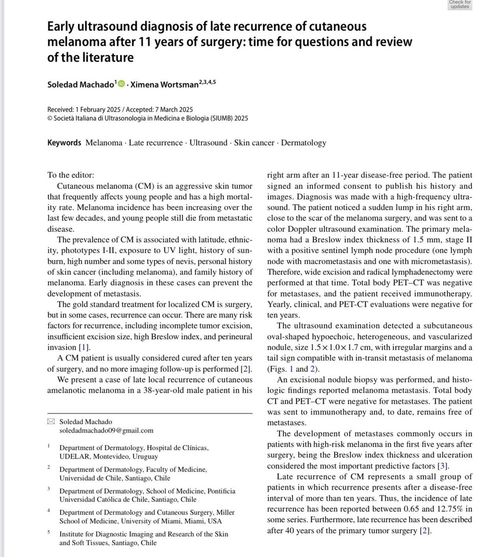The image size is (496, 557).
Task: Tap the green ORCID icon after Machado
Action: click(x=122, y=84)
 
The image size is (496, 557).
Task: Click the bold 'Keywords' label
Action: click(x=64, y=142)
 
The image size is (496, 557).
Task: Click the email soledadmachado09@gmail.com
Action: click(x=106, y=430)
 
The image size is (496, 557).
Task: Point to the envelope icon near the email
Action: click(x=51, y=421)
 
